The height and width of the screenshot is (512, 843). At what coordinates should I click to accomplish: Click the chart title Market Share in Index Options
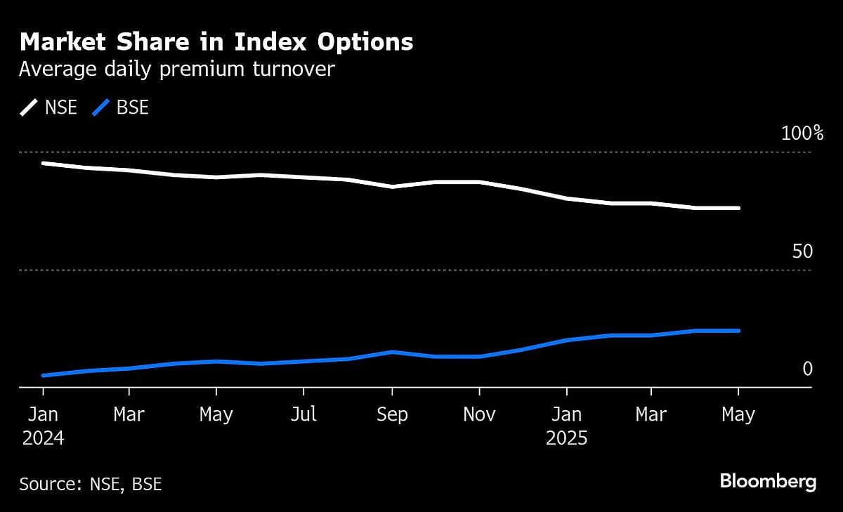coord(216,43)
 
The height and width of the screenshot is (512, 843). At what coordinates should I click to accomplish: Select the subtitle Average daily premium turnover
coord(176,70)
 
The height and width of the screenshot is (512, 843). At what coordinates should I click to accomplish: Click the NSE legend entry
coord(48,108)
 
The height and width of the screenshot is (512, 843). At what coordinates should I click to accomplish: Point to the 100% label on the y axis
coord(802,133)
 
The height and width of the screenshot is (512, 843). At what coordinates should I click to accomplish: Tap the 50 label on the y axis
coord(802,251)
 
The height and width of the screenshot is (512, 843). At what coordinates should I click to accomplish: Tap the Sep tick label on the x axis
coord(391,415)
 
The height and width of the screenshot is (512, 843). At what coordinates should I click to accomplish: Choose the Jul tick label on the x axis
coord(303,415)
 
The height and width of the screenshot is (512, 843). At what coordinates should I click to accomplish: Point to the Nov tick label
coord(479,415)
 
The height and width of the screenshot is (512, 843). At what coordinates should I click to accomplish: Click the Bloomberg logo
coord(768,482)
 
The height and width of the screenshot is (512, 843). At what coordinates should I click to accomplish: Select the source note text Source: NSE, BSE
coord(91,484)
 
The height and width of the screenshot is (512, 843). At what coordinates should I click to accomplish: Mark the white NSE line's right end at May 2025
coord(738,208)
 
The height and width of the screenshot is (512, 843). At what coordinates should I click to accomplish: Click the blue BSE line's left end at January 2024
coord(43,376)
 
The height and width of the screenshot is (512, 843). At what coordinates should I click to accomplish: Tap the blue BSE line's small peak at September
coord(392,352)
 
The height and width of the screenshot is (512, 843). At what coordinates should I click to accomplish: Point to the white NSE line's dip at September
coord(392,187)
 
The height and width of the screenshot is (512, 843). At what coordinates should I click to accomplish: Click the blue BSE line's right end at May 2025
coord(738,331)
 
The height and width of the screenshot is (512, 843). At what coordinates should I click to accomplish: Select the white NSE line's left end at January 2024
coord(43,163)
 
